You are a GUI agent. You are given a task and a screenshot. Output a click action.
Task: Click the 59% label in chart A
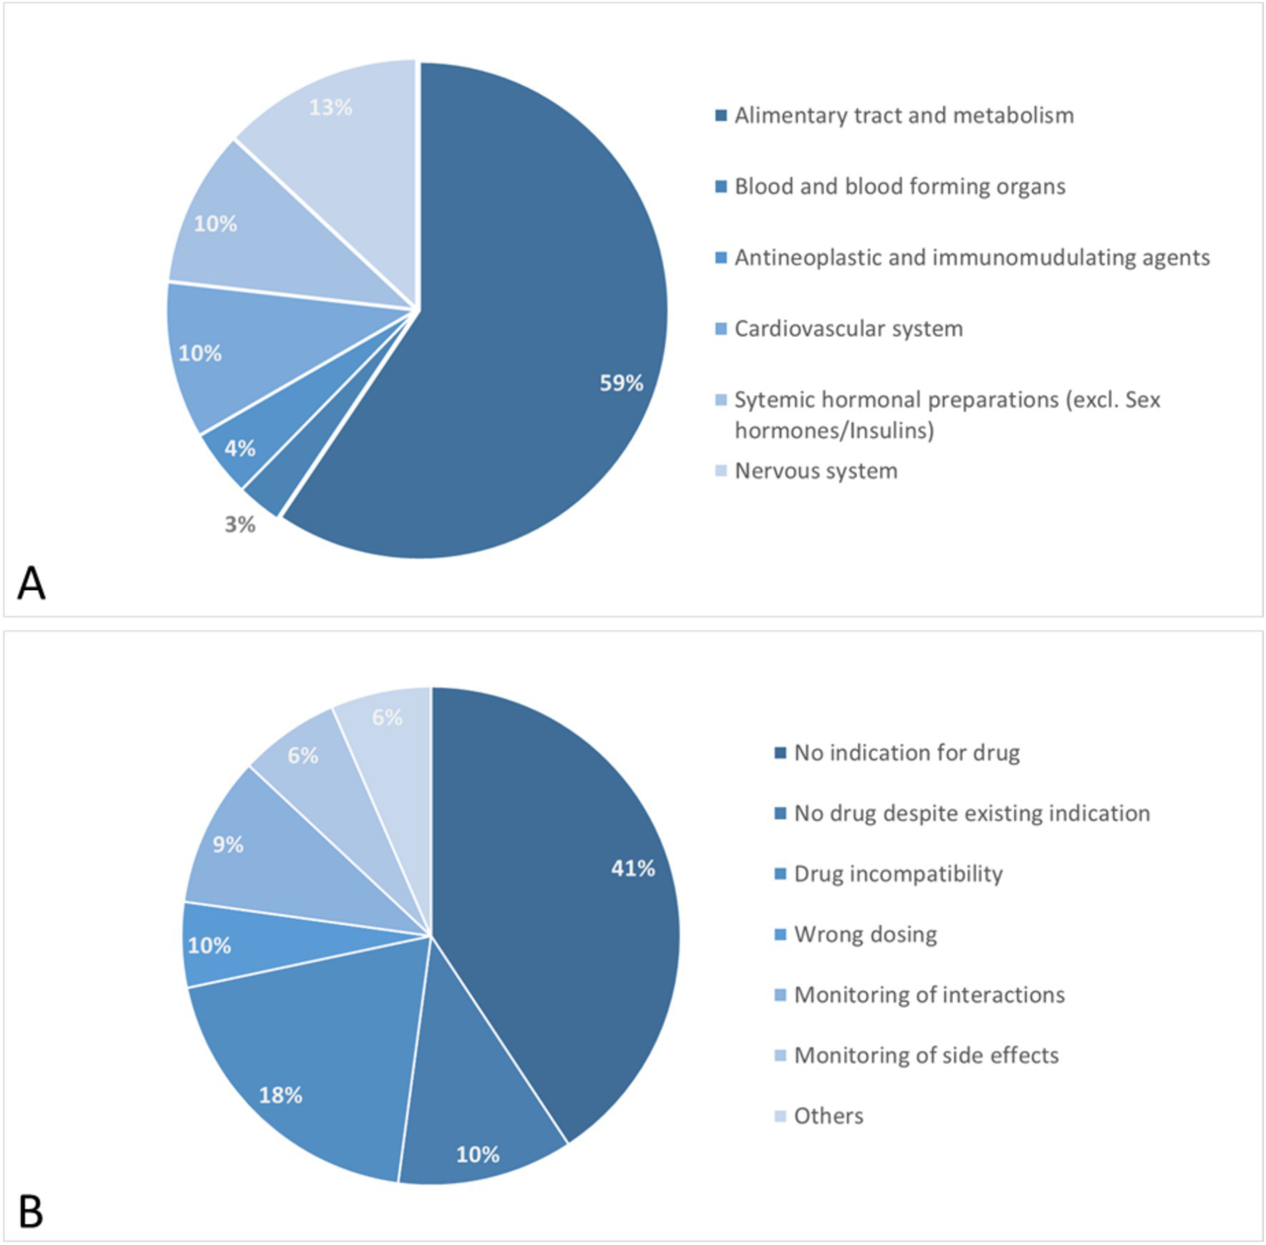click(621, 383)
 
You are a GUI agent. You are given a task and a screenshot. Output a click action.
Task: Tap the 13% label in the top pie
click(331, 107)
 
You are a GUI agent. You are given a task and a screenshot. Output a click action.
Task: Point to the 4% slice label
click(240, 448)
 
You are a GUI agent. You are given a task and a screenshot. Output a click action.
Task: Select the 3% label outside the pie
click(240, 525)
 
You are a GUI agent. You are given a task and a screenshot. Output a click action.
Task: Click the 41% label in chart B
click(633, 868)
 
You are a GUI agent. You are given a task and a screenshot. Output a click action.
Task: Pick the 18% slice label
click(280, 1095)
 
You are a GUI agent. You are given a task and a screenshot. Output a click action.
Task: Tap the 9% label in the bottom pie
click(228, 845)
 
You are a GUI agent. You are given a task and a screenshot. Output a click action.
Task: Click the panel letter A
click(31, 583)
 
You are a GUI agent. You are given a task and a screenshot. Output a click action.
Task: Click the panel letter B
click(31, 1212)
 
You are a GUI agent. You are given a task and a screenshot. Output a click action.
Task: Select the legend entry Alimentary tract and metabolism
click(904, 116)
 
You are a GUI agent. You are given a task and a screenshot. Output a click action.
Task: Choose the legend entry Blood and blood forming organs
click(900, 186)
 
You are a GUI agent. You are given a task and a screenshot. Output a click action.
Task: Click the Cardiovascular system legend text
click(849, 328)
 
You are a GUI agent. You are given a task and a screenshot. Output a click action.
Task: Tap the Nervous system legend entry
click(816, 471)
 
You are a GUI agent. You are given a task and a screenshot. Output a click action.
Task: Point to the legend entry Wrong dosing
click(865, 934)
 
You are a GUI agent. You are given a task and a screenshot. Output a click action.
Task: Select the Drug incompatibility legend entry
click(898, 874)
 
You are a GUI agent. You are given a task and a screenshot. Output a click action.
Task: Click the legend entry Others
click(828, 1116)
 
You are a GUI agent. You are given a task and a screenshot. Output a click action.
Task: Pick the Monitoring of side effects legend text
click(926, 1055)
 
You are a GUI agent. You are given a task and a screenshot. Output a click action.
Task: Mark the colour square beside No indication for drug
click(780, 752)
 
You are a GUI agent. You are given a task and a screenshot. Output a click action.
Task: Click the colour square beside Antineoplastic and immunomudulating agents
click(721, 258)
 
